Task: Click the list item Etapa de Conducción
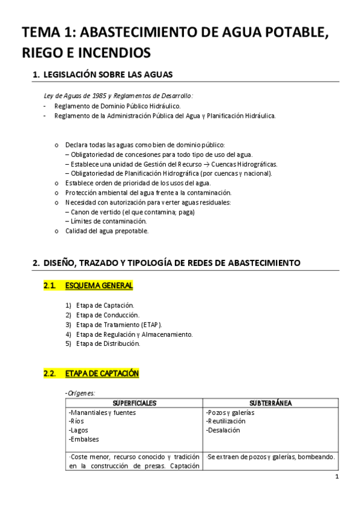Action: pos(108,315)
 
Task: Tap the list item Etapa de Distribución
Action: pos(108,343)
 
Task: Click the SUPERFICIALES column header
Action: pos(133,402)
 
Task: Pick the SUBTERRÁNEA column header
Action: pos(270,402)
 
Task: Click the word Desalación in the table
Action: pos(223,430)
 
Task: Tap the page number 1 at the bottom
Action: pos(337,477)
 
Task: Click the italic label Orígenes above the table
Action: pos(81,393)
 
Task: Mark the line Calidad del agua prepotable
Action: pos(106,230)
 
